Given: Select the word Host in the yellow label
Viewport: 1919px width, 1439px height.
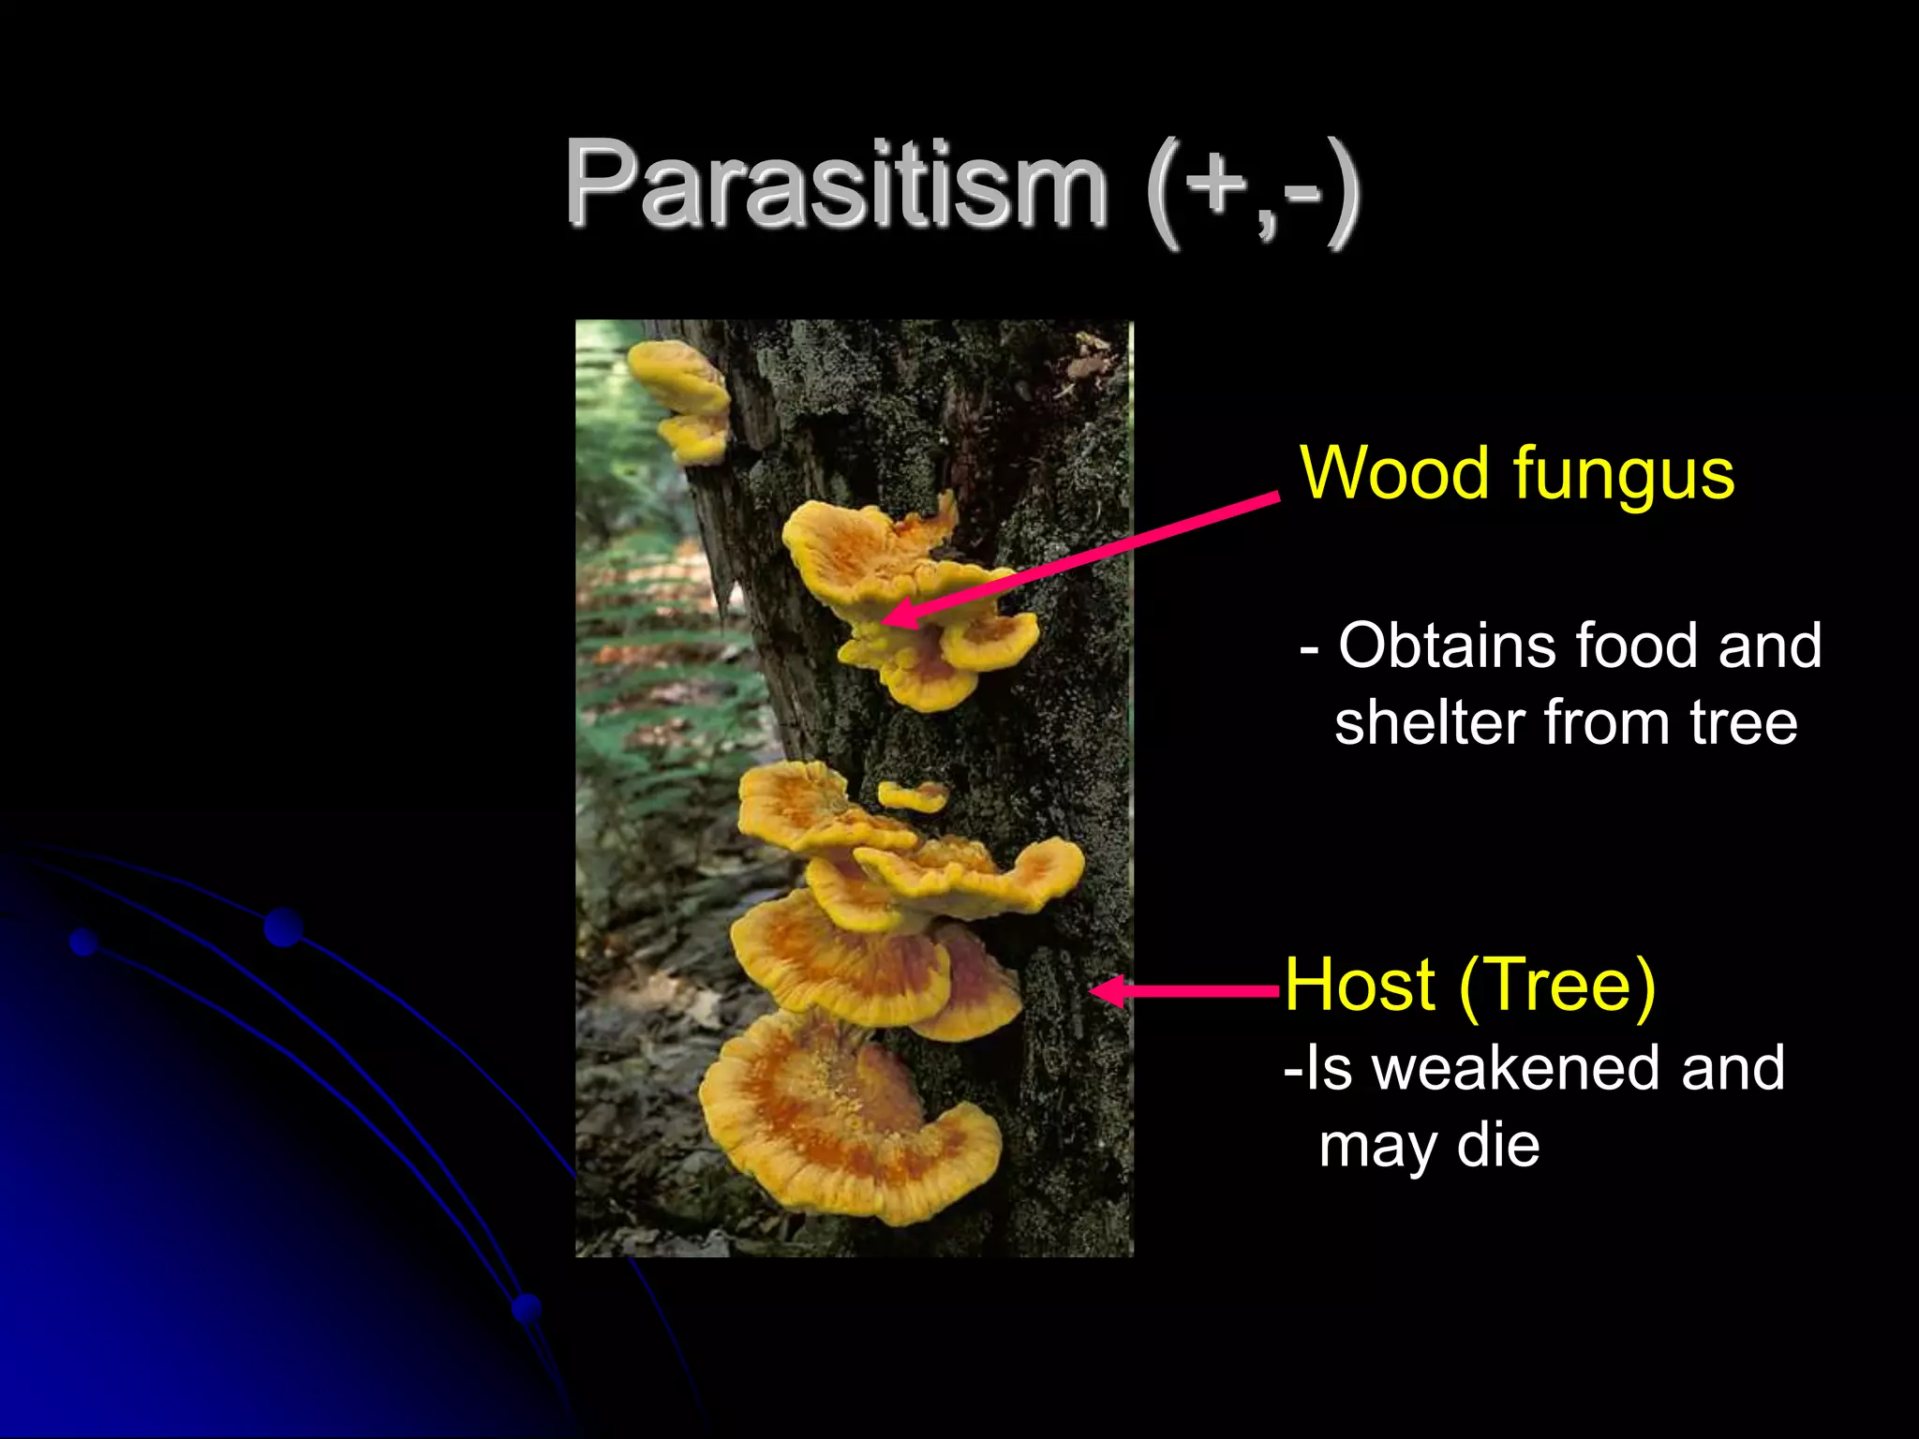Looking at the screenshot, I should (x=1360, y=986).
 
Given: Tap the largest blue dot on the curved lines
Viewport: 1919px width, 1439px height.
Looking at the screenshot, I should (x=283, y=927).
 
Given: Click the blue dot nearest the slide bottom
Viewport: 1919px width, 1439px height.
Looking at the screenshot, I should (x=528, y=1308).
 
